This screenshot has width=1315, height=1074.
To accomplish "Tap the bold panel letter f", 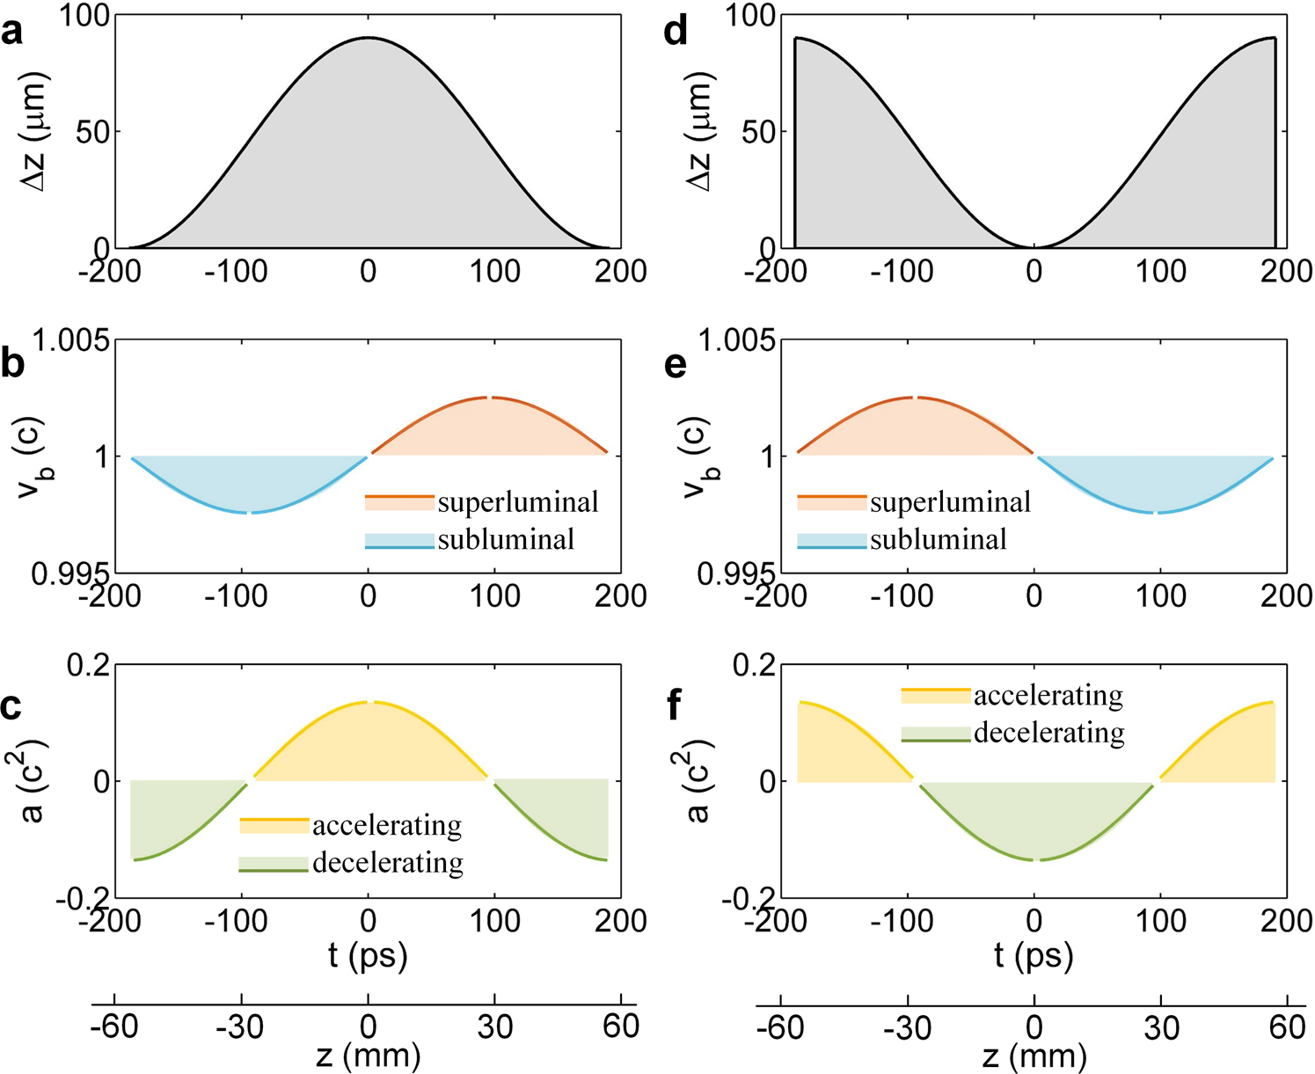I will [x=675, y=706].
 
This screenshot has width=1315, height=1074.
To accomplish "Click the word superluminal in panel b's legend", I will [x=517, y=502].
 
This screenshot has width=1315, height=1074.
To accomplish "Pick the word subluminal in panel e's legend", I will [x=938, y=539].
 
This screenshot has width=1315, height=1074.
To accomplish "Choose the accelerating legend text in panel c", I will [x=387, y=825].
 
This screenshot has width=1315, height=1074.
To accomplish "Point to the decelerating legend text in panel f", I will [x=1048, y=733].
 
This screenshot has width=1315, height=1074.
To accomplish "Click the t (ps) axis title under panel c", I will [x=368, y=955].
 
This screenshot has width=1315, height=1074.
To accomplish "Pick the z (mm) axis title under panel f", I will [x=1034, y=1056].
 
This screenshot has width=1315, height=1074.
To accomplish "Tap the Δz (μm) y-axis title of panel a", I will [x=35, y=132].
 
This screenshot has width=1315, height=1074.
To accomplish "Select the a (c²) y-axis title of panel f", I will [x=699, y=781].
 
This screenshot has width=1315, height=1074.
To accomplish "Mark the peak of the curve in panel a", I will [x=368, y=38].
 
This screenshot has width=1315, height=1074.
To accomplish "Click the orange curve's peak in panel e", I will [x=915, y=398].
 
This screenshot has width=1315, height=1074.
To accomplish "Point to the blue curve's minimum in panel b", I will [x=250, y=512].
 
